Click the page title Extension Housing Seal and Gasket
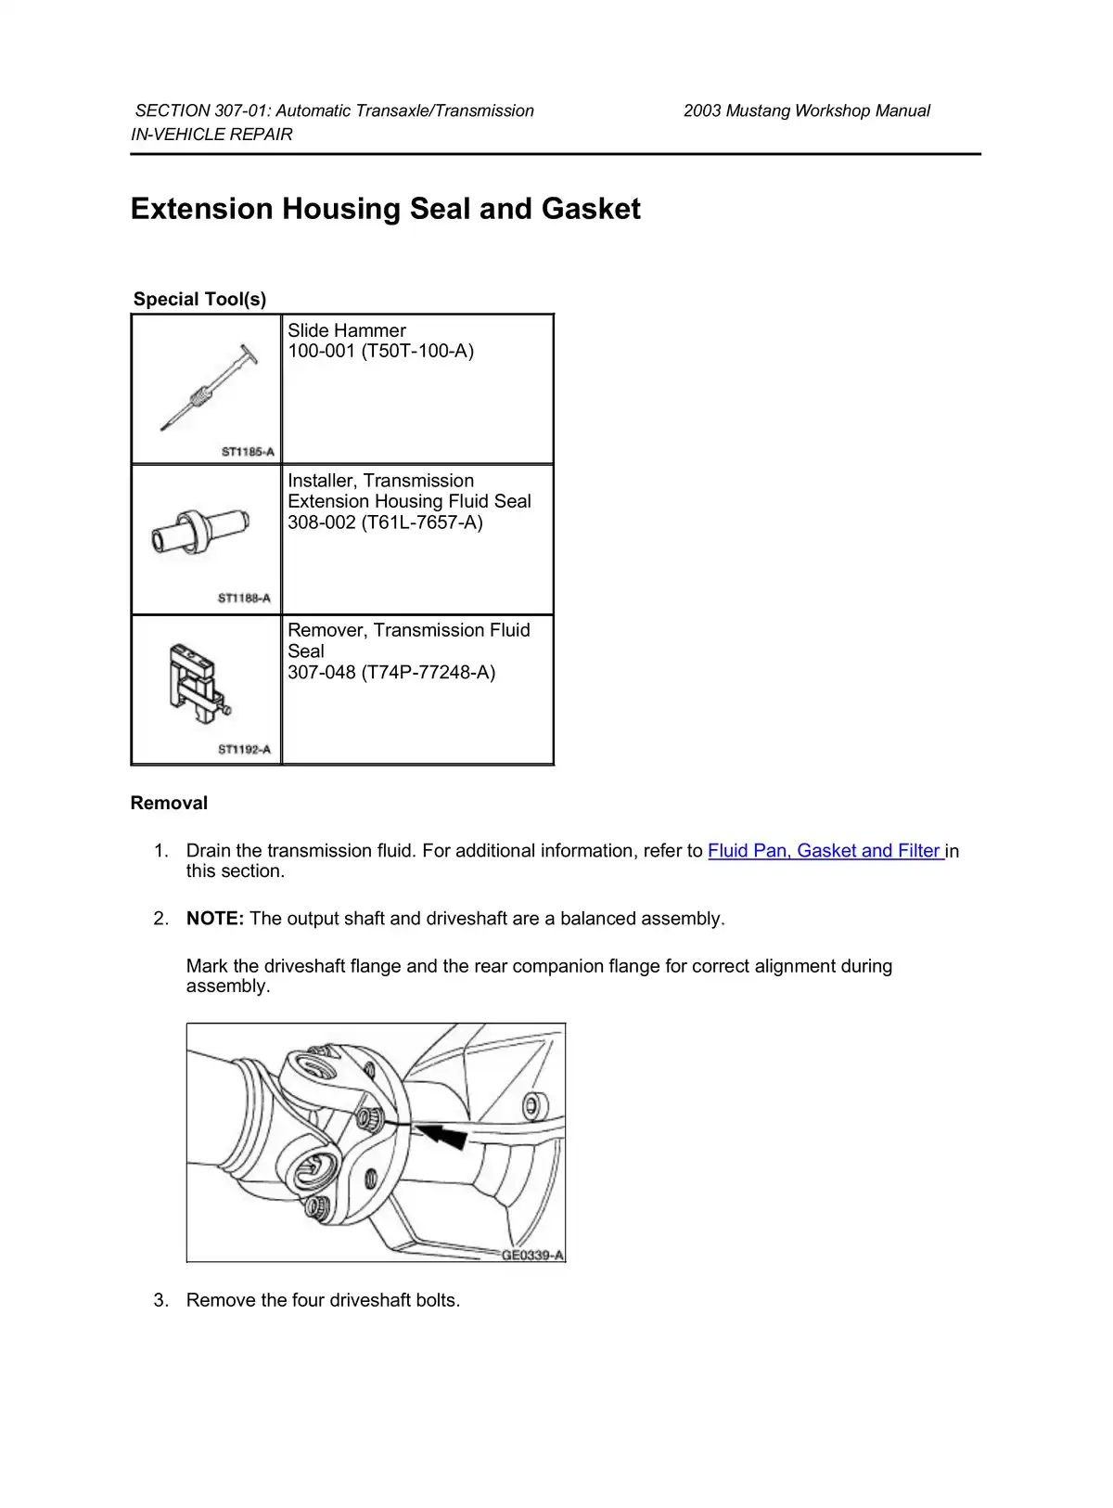point(385,209)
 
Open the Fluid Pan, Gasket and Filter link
point(825,851)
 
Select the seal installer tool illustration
point(200,534)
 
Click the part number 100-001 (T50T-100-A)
point(380,352)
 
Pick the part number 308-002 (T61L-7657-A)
point(385,522)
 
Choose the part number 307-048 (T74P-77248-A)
point(391,673)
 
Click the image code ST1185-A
point(248,452)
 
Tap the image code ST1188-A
point(245,599)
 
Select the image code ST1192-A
point(245,750)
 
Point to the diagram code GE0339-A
point(532,1256)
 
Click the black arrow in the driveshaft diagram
point(442,1134)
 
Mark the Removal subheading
point(169,804)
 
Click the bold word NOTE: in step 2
point(215,919)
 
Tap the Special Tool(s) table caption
point(199,299)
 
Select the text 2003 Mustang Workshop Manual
point(806,111)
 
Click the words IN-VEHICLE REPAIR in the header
point(211,135)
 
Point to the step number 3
point(161,1300)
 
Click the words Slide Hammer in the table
point(346,330)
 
